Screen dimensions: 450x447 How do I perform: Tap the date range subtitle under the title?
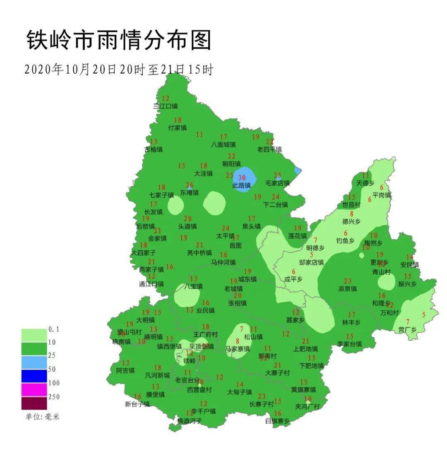[x=118, y=70]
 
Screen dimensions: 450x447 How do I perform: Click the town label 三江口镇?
[x=165, y=106]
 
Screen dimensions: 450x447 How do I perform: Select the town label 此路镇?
[x=241, y=186]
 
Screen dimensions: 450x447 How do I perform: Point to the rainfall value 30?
[x=242, y=178]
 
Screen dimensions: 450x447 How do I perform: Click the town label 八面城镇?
[x=223, y=145]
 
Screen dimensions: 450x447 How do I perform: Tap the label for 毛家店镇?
[x=277, y=183]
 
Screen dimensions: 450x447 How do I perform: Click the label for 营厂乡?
[x=407, y=329]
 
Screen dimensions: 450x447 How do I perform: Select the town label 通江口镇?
[x=151, y=284]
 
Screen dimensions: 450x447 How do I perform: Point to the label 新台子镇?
[x=137, y=404]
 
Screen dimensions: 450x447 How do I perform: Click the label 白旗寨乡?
[x=277, y=421]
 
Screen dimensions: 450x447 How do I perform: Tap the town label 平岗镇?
[x=382, y=195]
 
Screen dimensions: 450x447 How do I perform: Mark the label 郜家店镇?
[x=311, y=262]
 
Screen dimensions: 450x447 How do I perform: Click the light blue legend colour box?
[x=34, y=362]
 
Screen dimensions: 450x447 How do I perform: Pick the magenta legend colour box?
[x=34, y=390]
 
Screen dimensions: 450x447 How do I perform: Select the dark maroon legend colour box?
[x=34, y=403]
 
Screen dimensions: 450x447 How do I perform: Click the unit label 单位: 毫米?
[x=40, y=416]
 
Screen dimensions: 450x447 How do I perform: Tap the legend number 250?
[x=54, y=397]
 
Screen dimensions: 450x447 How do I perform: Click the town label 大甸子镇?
[x=239, y=392]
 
